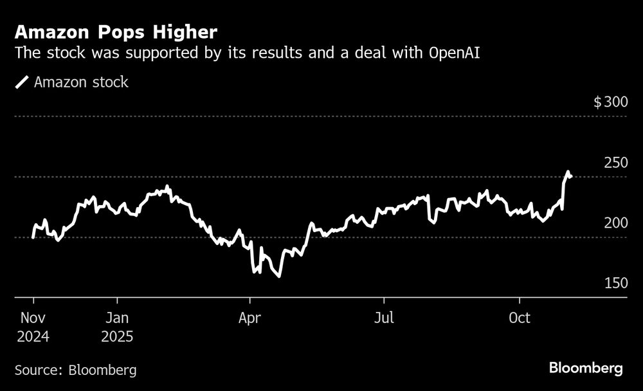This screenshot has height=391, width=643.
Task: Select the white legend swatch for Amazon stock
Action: (23, 82)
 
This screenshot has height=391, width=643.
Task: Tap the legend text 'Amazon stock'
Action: (81, 82)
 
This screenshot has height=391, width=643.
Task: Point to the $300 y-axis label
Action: (610, 102)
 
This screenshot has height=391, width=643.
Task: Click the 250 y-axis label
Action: (615, 163)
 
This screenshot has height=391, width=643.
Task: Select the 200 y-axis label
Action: (615, 223)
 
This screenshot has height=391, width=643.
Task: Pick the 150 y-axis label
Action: (615, 284)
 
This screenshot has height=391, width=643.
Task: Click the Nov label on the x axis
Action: (33, 318)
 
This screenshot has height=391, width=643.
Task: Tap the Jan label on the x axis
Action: (117, 318)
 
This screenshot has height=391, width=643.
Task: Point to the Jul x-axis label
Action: (384, 318)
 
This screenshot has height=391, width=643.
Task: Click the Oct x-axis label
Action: (519, 318)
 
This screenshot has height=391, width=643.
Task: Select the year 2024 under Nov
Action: (33, 336)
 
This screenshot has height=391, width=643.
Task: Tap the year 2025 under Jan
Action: (117, 336)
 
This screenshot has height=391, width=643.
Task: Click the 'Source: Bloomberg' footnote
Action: (75, 370)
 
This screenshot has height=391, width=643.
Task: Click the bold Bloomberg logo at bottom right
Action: (586, 368)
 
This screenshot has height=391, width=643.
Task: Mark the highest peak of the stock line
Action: (568, 172)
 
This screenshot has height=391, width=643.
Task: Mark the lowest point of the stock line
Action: (279, 277)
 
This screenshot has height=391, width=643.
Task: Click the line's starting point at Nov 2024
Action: (33, 237)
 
